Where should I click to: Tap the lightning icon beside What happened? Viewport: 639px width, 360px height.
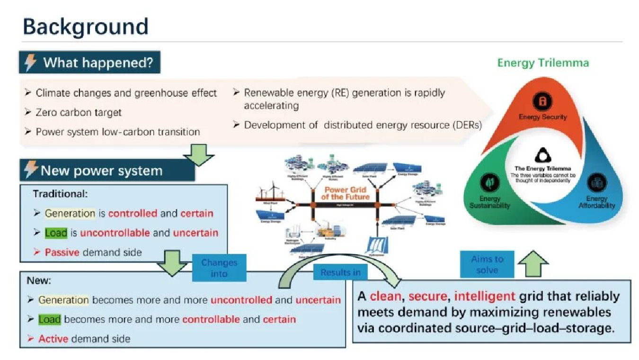[31, 63]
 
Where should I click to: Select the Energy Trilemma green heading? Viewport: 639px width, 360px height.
[543, 63]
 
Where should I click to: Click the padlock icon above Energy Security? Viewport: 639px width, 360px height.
[542, 100]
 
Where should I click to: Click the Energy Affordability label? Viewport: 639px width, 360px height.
[596, 202]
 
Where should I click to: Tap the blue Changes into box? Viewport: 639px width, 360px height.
[219, 268]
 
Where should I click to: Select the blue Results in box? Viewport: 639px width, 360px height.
[340, 272]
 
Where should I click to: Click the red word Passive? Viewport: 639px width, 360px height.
[62, 252]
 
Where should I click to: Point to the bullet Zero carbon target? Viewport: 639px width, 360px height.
[79, 112]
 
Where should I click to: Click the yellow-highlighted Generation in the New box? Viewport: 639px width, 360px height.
[63, 300]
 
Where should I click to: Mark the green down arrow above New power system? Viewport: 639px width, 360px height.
[198, 155]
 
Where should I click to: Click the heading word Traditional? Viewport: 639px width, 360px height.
[61, 194]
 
